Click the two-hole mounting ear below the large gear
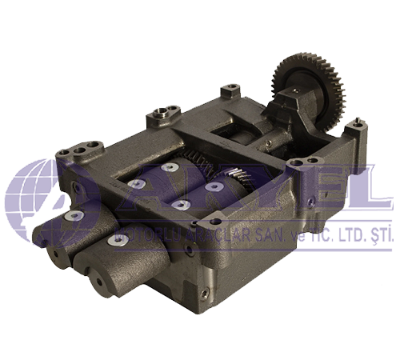301,164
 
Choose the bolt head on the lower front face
187,250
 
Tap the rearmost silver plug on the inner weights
170,168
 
